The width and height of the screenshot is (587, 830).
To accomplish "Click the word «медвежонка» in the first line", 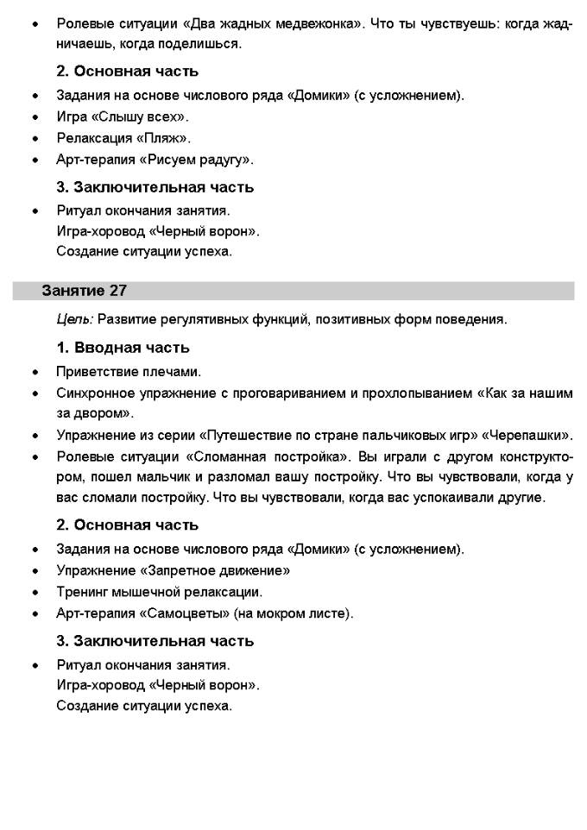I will pyautogui.click(x=312, y=24).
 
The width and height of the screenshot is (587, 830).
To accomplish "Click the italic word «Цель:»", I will pyautogui.click(x=74, y=319).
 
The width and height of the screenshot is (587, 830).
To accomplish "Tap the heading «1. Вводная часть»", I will pyautogui.click(x=123, y=348).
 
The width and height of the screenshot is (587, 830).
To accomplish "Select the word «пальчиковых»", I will pyautogui.click(x=394, y=434).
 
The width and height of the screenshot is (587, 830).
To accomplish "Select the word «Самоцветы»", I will pyautogui.click(x=189, y=613).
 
